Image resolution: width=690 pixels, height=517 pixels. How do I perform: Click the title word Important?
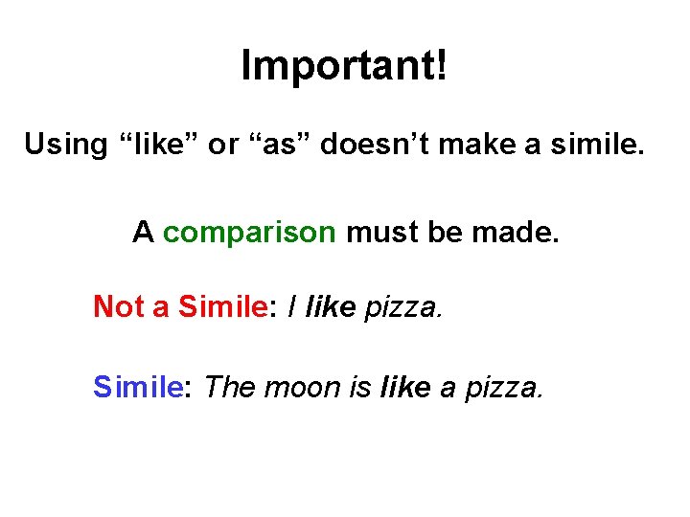[344, 66]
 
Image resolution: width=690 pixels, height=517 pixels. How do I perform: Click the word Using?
[65, 146]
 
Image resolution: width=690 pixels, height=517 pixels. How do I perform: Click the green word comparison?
[249, 233]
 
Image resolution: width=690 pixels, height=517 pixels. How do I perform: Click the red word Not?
[118, 306]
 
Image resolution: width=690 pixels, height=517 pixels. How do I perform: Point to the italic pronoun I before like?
[291, 306]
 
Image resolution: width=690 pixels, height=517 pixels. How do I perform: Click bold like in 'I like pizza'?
[331, 306]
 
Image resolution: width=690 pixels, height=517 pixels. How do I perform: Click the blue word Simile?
[138, 387]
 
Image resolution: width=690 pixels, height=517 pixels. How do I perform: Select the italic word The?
[231, 387]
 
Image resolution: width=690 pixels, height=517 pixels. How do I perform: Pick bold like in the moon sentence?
[405, 387]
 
